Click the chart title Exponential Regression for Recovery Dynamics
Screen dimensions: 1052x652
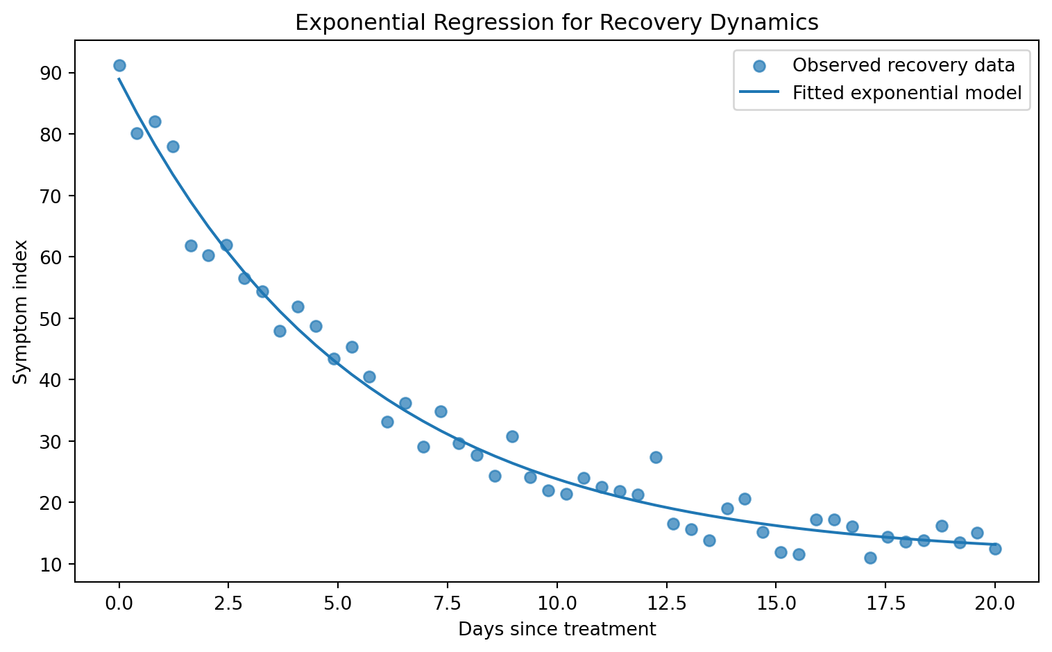point(557,22)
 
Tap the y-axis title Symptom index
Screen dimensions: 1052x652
point(20,311)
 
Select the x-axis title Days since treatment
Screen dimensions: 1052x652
point(557,629)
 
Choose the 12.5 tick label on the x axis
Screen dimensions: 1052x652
point(666,603)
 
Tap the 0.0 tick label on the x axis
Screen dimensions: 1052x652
point(119,603)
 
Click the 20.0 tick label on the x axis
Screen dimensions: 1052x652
point(994,603)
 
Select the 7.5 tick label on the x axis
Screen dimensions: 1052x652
point(448,603)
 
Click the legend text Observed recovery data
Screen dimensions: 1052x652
point(903,65)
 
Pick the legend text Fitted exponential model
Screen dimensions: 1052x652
point(907,92)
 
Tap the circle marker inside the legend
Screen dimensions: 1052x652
point(759,66)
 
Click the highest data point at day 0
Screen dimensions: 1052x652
point(119,65)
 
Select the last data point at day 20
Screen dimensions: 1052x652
point(994,549)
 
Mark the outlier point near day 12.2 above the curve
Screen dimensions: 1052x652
point(656,457)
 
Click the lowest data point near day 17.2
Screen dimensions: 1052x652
point(870,558)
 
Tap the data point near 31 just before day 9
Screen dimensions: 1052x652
point(512,436)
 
